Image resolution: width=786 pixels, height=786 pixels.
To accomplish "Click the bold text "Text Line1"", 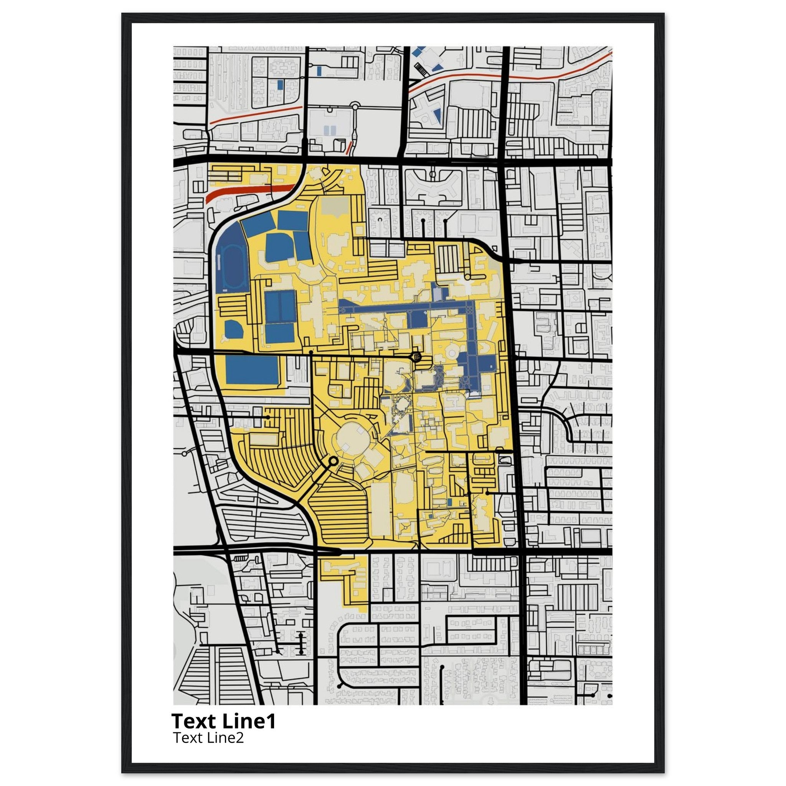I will (224, 721).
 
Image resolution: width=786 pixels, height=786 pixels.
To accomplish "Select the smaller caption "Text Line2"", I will (208, 738).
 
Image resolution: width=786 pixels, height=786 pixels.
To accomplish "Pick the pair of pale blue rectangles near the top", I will (330, 130).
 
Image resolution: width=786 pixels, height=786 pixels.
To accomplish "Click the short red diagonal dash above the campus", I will (348, 148).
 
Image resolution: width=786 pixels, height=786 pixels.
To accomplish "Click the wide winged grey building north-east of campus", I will (433, 185).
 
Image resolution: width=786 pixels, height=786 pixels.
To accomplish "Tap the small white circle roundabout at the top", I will (355, 107).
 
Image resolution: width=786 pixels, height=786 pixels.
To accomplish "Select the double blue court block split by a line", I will (280, 305).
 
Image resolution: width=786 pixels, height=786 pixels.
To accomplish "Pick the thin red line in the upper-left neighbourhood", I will (256, 114).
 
